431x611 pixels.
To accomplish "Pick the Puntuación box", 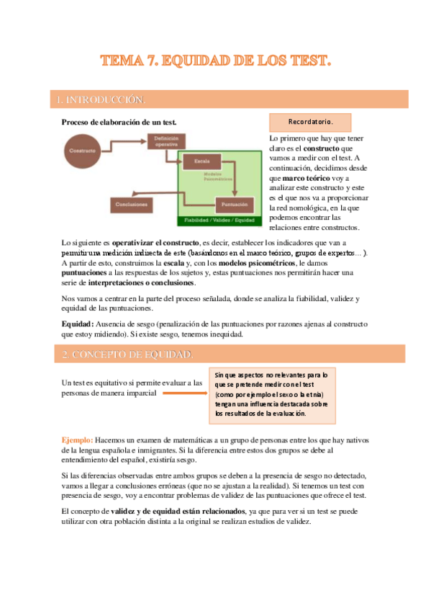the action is (235, 205).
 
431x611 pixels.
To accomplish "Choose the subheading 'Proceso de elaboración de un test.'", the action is (119, 122).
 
